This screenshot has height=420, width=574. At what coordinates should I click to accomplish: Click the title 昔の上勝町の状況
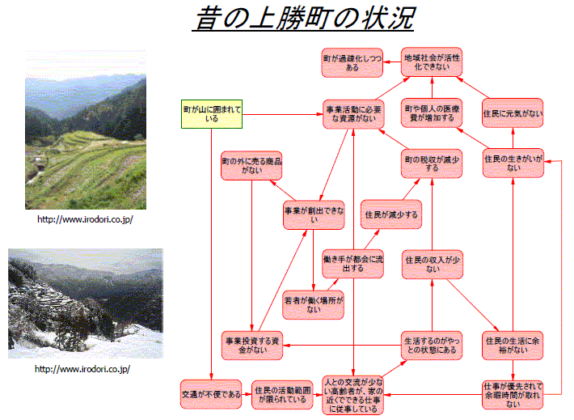(x=303, y=19)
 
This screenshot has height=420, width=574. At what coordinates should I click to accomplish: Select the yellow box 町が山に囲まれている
(x=212, y=114)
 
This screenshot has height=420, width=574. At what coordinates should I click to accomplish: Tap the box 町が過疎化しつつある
(x=352, y=62)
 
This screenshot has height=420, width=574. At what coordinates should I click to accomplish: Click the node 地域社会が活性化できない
(x=432, y=62)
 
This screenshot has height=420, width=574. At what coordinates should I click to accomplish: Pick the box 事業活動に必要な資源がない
(x=353, y=114)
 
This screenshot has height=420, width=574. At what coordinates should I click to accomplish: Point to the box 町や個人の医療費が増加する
(x=432, y=113)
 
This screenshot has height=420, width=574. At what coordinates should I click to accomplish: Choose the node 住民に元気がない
(x=513, y=113)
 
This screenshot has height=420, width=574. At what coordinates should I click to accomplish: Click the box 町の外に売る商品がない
(x=251, y=166)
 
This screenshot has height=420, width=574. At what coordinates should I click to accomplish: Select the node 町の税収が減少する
(x=432, y=163)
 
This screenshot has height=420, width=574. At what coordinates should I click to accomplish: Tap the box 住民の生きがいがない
(x=513, y=163)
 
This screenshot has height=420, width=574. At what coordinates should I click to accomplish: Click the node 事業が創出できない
(x=314, y=214)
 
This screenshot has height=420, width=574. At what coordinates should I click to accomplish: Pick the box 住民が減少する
(x=391, y=214)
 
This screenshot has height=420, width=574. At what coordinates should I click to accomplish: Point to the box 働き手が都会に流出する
(x=353, y=264)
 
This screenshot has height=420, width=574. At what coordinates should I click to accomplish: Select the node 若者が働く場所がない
(x=314, y=305)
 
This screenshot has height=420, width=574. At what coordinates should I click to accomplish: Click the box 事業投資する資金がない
(x=252, y=346)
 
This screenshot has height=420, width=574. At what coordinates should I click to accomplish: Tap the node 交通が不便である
(x=211, y=394)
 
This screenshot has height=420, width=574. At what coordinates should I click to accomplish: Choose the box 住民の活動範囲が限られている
(x=283, y=395)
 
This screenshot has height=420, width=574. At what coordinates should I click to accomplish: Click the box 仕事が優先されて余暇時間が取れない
(x=513, y=395)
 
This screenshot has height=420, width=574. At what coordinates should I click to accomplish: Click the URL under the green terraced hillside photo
(x=85, y=219)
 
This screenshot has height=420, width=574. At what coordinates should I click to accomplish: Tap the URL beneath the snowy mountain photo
(x=82, y=369)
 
